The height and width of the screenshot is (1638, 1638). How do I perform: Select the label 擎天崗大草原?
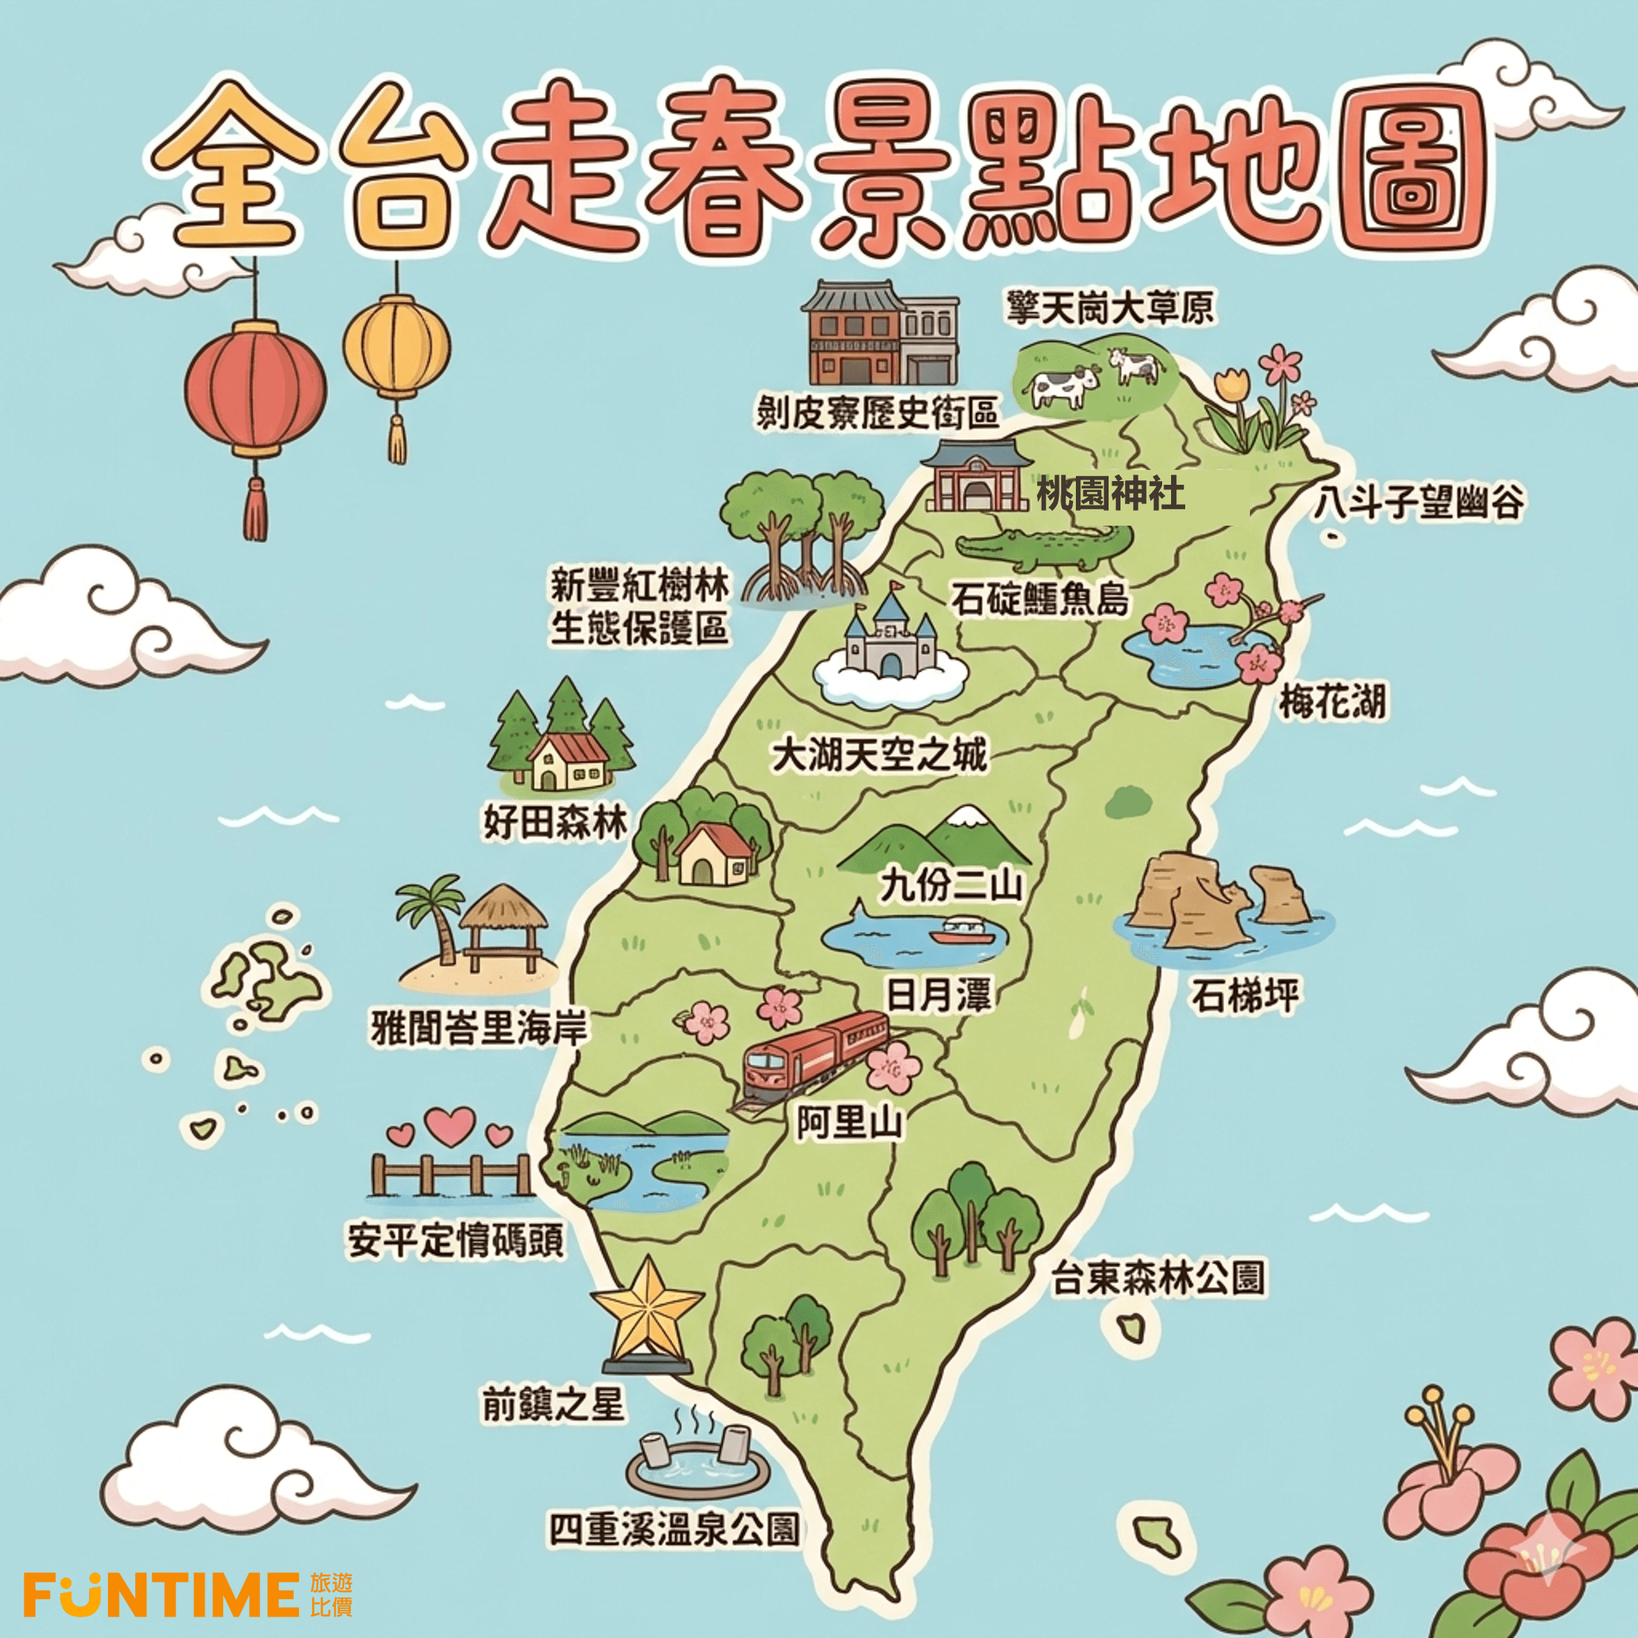click(x=1110, y=308)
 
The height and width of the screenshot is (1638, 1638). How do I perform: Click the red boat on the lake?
click(x=961, y=932)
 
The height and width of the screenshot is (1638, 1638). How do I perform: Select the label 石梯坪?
click(x=1245, y=996)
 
